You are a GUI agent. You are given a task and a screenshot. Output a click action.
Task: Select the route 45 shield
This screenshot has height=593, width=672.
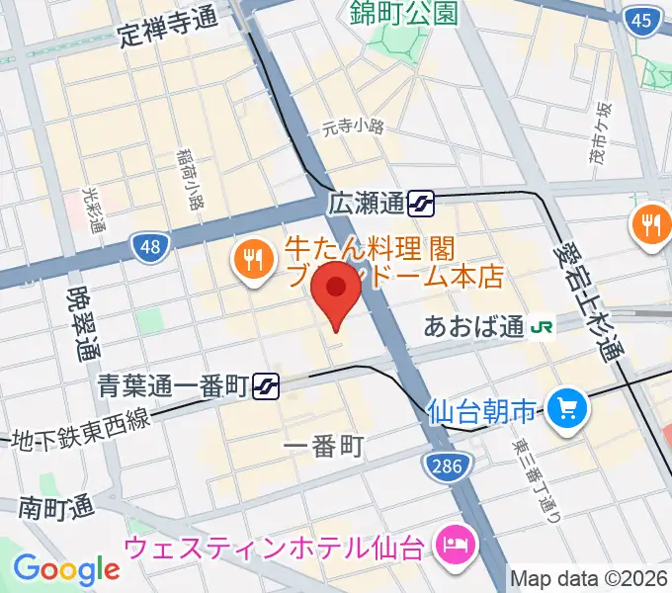pos(643,21)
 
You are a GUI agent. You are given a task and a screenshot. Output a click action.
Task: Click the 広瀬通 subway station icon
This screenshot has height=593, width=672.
pos(422,205)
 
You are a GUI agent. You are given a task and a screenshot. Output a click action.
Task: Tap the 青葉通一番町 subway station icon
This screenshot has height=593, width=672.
pos(265,384)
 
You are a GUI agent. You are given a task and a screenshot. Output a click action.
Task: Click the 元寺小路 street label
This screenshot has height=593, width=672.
pos(353,127)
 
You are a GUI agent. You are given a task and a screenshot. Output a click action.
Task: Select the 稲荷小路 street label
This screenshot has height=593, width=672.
pos(191,179)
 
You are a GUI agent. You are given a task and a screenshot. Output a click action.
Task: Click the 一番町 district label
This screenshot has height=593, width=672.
pos(323,447)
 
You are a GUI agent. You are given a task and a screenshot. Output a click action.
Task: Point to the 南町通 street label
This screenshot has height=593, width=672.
pos(55,507)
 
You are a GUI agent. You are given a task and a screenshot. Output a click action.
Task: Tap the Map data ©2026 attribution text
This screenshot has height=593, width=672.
pos(589,578)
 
